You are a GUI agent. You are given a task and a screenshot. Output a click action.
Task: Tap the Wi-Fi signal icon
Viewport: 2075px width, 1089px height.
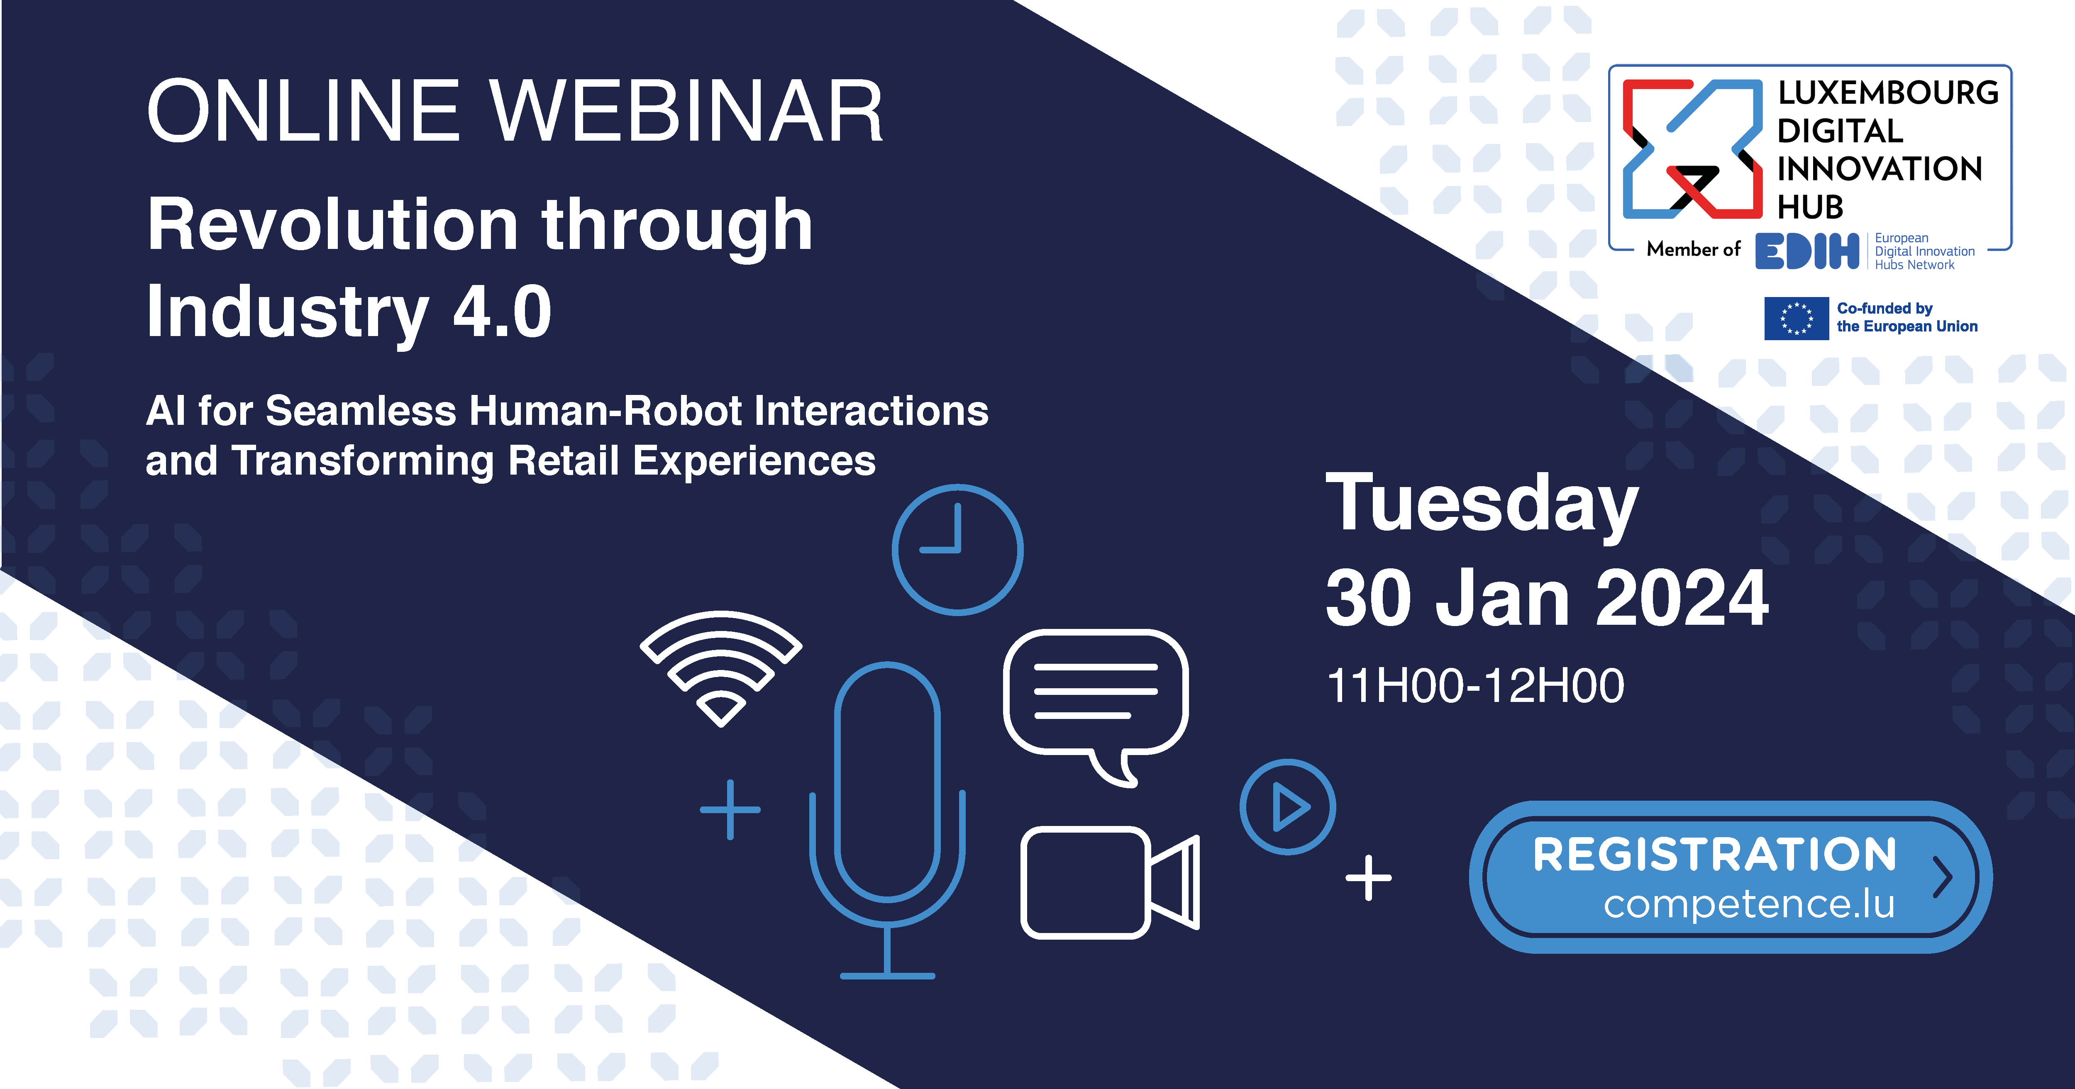pyautogui.click(x=721, y=636)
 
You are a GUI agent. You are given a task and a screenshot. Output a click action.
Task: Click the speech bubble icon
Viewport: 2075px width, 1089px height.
pyautogui.click(x=1096, y=636)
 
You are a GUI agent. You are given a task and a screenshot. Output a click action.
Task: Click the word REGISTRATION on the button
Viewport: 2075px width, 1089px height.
pyautogui.click(x=1714, y=855)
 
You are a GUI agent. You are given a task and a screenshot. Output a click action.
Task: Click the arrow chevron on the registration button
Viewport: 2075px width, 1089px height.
pyautogui.click(x=1943, y=877)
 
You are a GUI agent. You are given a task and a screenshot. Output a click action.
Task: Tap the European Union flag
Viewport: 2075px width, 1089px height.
pyautogui.click(x=1796, y=318)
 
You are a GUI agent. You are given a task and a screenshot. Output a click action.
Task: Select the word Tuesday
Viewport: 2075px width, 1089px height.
pyautogui.click(x=1482, y=503)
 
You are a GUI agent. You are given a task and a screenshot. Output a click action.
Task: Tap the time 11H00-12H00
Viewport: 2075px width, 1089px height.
pyautogui.click(x=1475, y=686)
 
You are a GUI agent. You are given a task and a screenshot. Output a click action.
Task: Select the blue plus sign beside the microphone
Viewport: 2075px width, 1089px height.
pyautogui.click(x=730, y=809)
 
